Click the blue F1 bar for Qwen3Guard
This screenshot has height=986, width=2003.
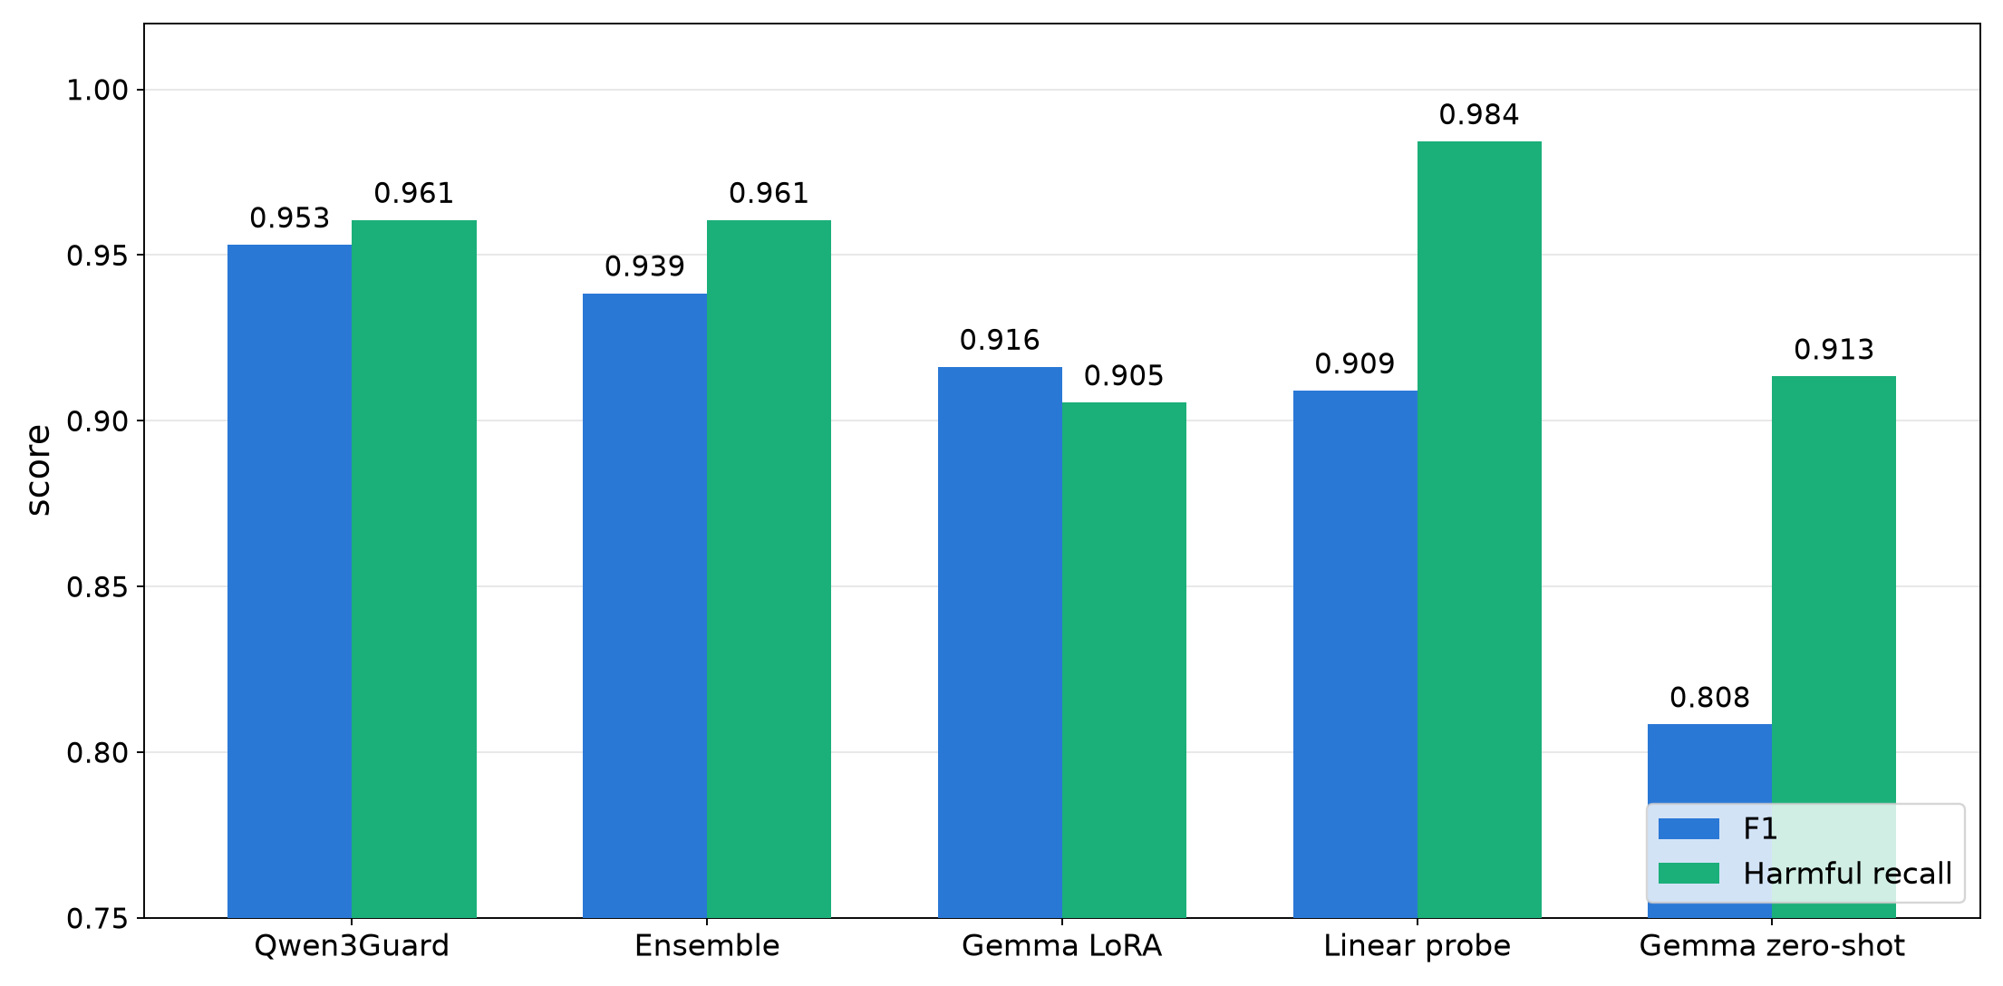click(x=289, y=581)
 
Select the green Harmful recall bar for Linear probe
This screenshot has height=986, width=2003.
click(x=1479, y=529)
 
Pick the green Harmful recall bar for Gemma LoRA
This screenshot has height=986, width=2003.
click(x=1124, y=660)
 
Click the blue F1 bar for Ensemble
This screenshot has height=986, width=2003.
click(x=644, y=605)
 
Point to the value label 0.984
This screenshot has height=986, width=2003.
click(x=1479, y=115)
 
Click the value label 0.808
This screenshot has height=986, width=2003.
click(x=1709, y=698)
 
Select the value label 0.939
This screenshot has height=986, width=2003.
click(x=644, y=266)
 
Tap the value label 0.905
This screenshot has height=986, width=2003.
click(x=1124, y=376)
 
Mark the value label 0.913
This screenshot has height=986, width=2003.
click(x=1834, y=350)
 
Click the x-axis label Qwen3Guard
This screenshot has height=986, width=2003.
click(x=352, y=946)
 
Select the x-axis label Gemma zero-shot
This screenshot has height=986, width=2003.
click(x=1772, y=946)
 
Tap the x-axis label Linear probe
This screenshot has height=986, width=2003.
click(x=1417, y=946)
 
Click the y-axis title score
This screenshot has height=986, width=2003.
click(x=38, y=470)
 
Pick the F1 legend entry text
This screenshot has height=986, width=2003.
click(x=1760, y=828)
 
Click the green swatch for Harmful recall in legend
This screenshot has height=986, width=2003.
click(x=1689, y=873)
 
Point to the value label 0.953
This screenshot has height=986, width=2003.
click(x=289, y=218)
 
